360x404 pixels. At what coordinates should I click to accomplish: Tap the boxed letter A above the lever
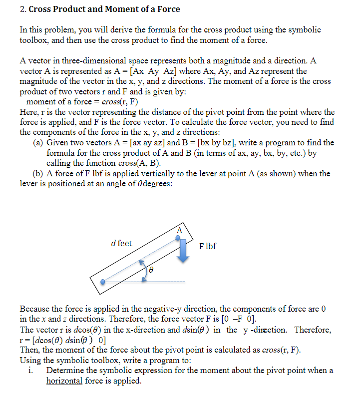click(179, 230)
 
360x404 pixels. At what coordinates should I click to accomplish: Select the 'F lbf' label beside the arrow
click(207, 246)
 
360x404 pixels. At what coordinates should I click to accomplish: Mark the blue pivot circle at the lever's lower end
click(103, 282)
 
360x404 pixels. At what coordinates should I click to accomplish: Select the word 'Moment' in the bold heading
click(109, 9)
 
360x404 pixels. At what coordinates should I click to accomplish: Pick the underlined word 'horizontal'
click(66, 381)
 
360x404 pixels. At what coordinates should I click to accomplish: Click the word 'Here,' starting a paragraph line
click(29, 112)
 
